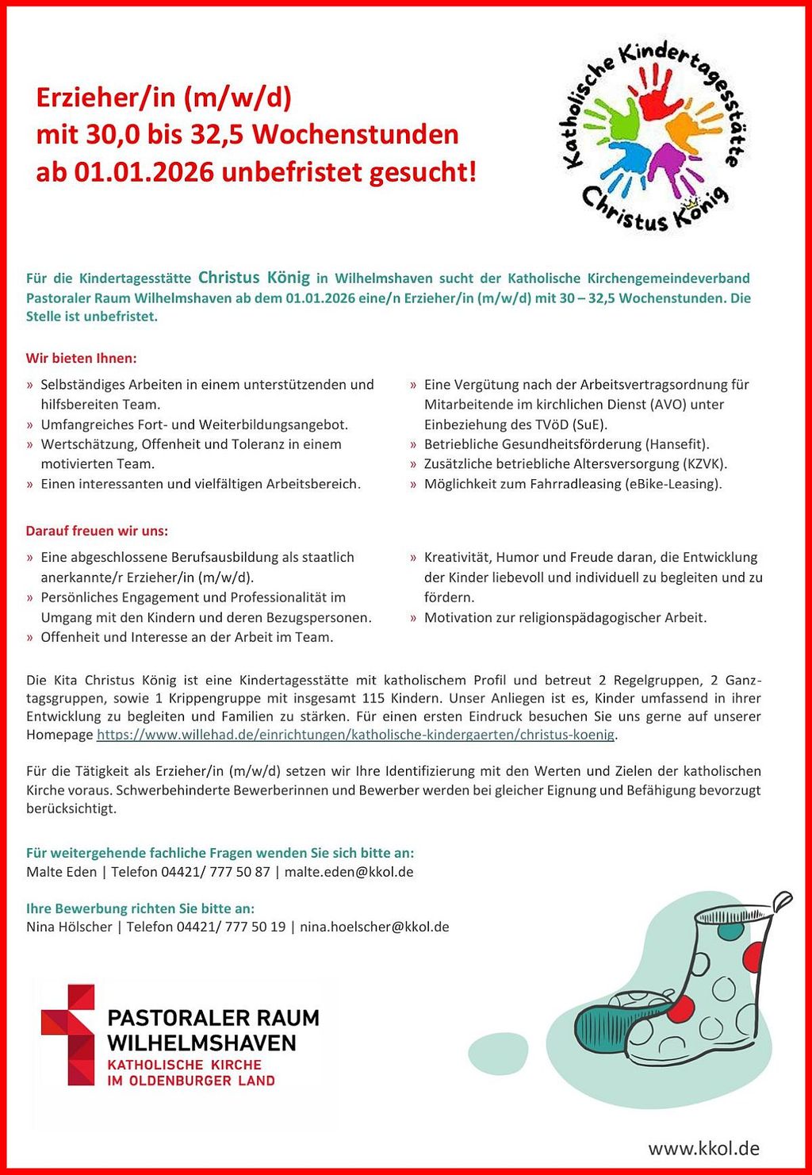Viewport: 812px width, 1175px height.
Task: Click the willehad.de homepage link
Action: pos(355,735)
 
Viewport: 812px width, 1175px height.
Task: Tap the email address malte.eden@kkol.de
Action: pos(349,872)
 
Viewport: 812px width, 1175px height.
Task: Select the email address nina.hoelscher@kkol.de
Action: pos(374,927)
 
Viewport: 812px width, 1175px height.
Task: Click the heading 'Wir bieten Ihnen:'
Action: pos(82,359)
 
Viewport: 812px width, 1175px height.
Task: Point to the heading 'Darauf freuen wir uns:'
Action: pos(97,531)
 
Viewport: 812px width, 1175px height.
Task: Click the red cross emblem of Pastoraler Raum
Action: pos(68,1035)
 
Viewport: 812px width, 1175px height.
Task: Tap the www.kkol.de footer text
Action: pos(704,1148)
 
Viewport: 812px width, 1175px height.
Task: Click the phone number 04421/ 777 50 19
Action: pos(231,927)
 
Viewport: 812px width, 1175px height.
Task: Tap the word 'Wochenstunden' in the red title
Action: pos(355,134)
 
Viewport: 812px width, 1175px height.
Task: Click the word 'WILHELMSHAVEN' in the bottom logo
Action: pos(201,1043)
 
